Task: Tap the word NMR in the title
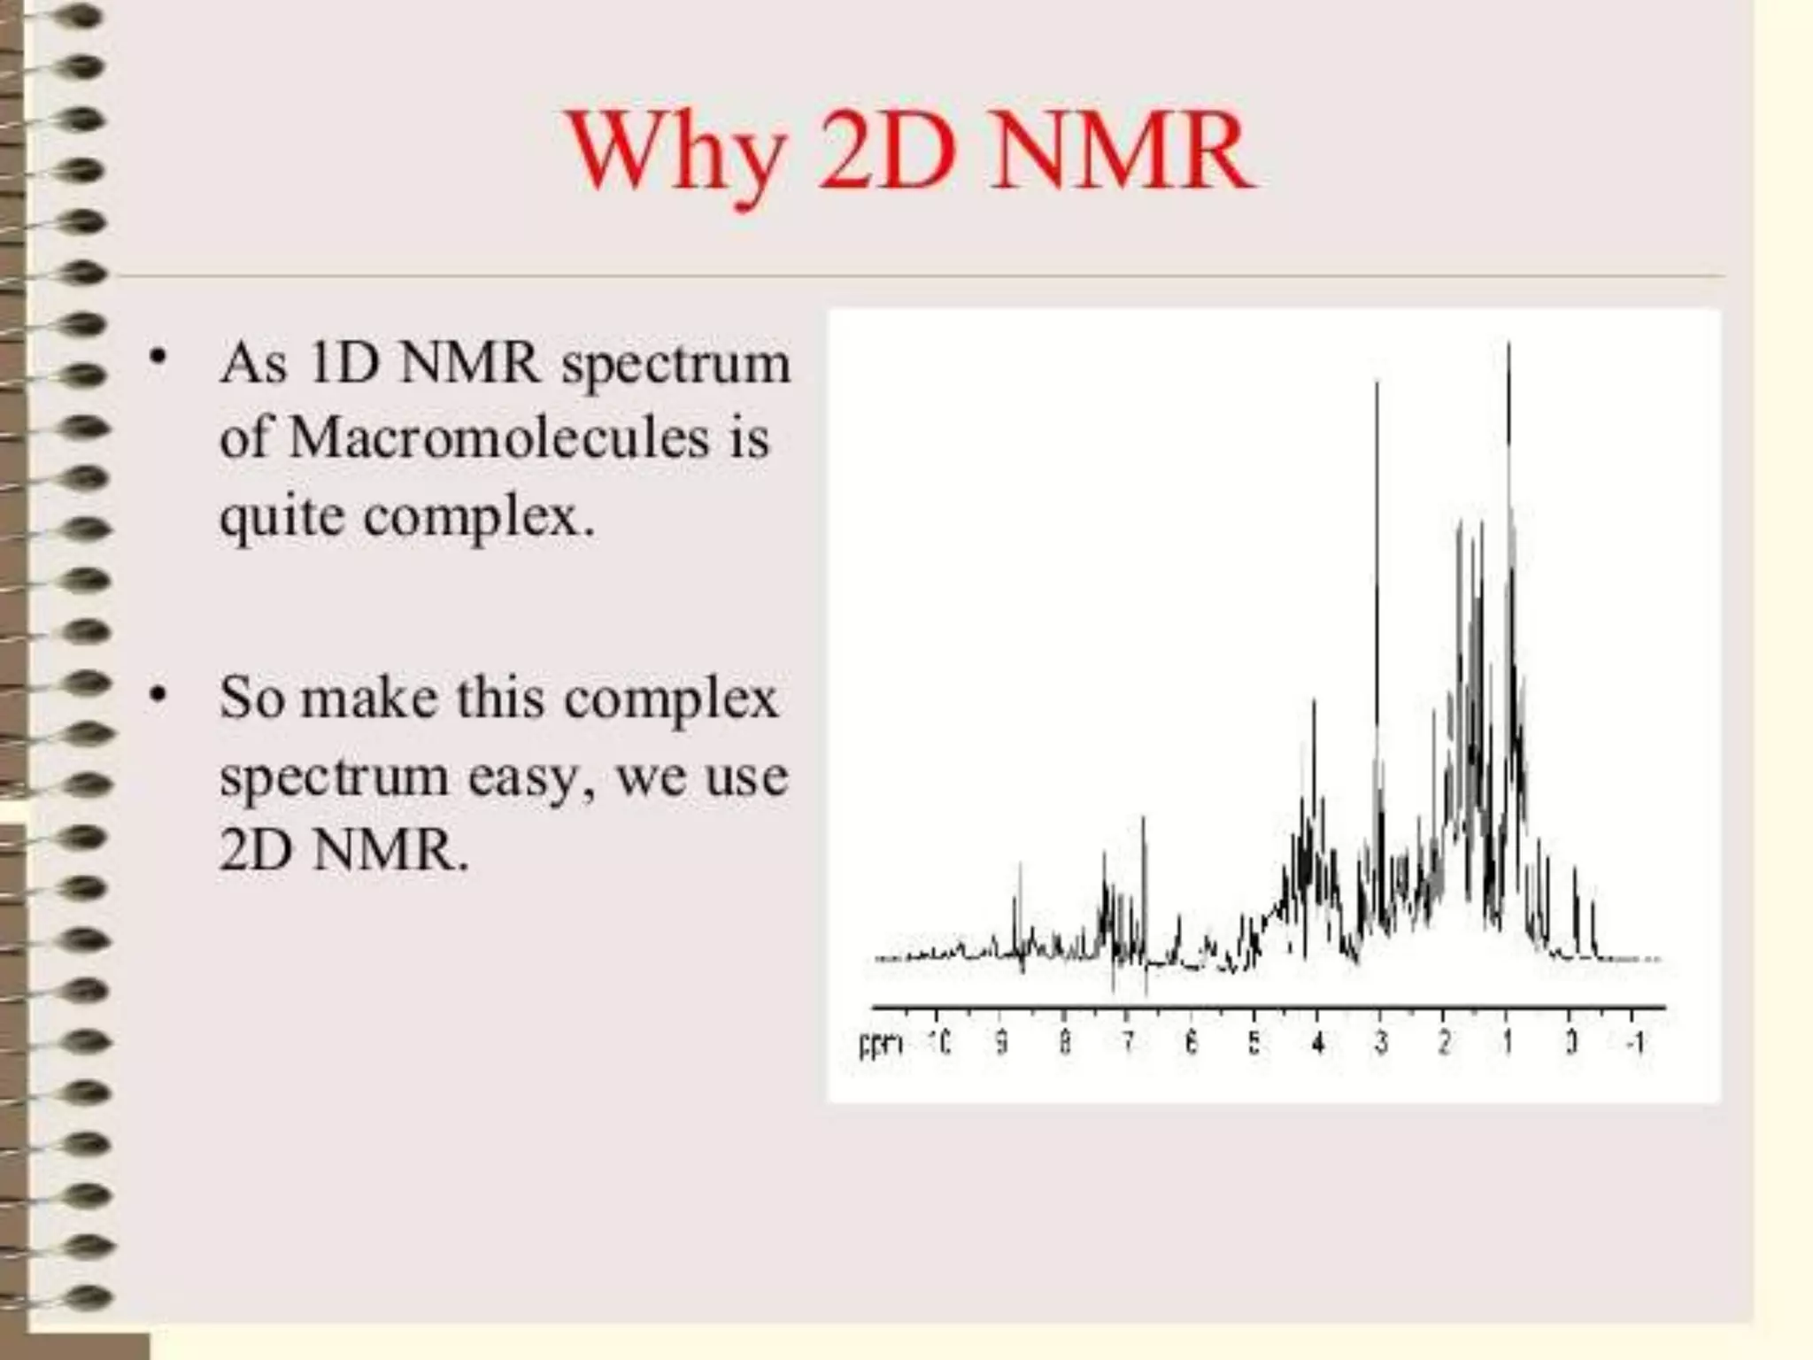coord(1122,152)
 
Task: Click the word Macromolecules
coord(499,438)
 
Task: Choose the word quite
coord(282,515)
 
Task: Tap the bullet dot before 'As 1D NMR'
coord(158,359)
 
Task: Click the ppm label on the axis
coord(881,1044)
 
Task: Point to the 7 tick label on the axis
coord(1127,1044)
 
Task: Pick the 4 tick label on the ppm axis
coord(1317,1044)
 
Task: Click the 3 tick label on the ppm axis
coord(1381,1044)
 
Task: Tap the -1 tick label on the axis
coord(1634,1044)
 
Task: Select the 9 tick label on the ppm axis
coord(1001,1044)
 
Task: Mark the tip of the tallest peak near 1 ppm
coord(1508,344)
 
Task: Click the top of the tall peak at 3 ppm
coord(1377,382)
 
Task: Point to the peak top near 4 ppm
coord(1314,701)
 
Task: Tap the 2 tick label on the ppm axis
coord(1444,1044)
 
